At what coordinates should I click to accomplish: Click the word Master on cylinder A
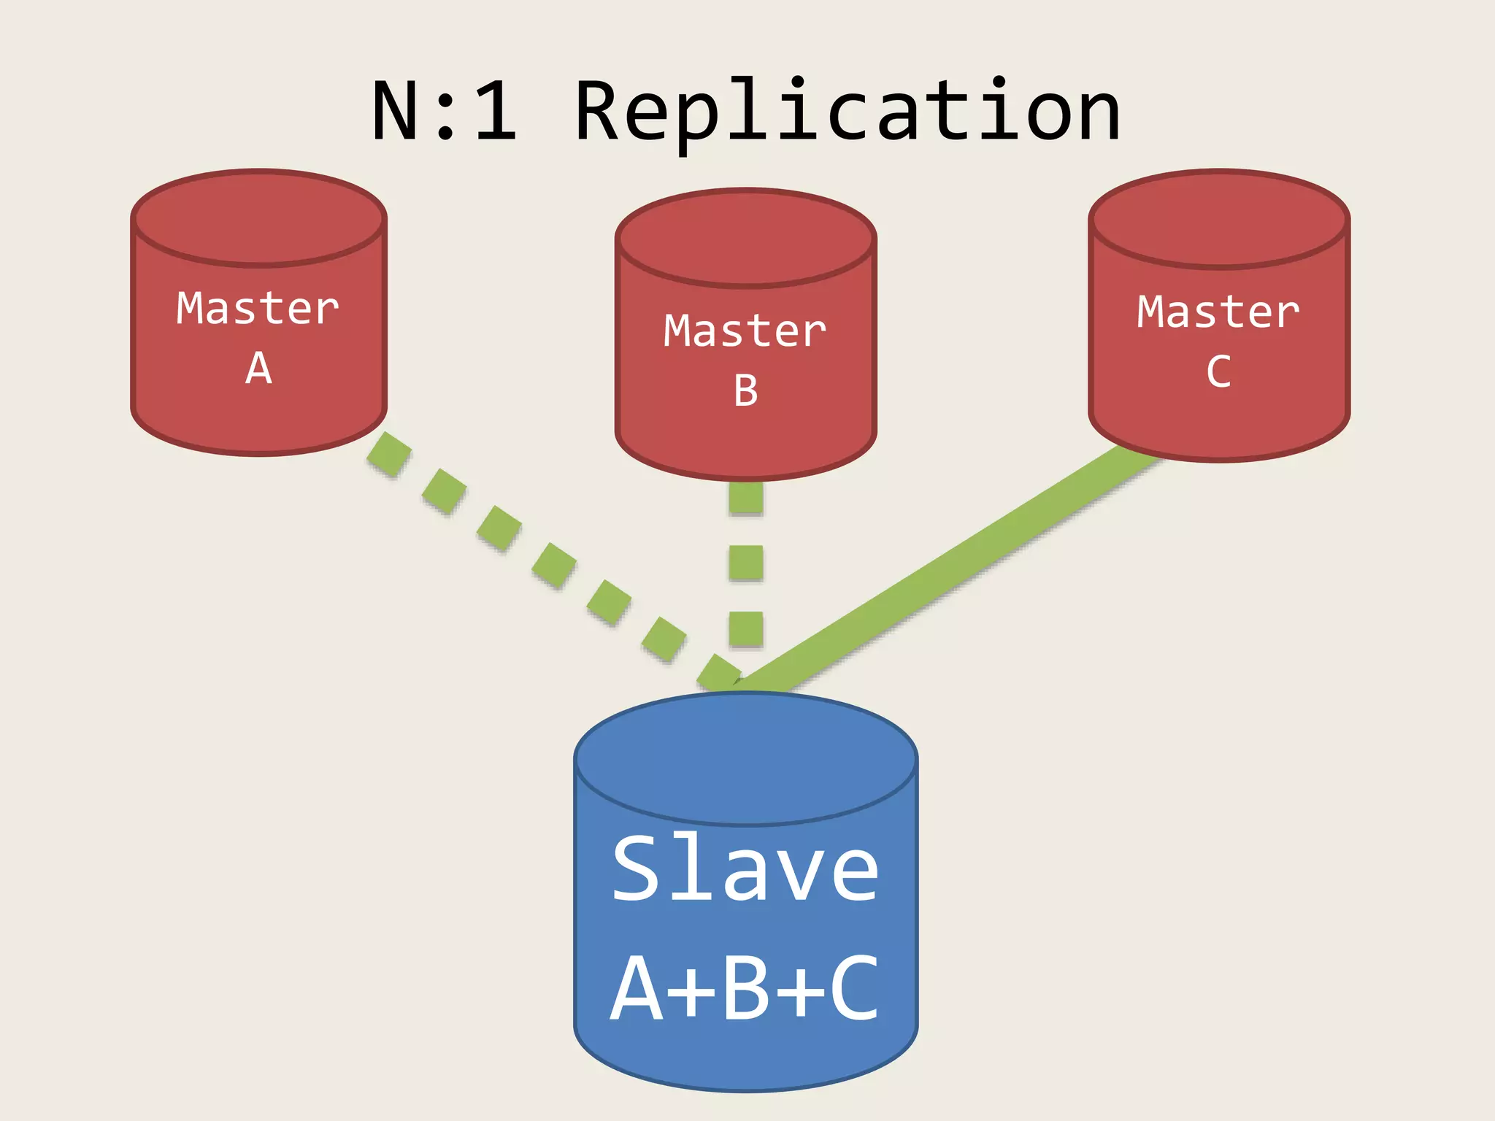(258, 309)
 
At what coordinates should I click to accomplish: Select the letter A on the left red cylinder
(258, 369)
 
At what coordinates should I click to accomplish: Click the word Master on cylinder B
(745, 331)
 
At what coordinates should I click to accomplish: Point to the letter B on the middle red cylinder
(745, 391)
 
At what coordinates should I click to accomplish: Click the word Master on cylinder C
(1218, 312)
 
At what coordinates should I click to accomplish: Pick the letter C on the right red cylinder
(1218, 372)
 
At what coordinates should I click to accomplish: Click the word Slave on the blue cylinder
(745, 868)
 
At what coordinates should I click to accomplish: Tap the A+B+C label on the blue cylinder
(745, 989)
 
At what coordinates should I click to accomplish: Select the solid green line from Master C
(949, 569)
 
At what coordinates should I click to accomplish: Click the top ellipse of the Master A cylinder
(258, 217)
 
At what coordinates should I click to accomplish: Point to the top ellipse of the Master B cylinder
(745, 237)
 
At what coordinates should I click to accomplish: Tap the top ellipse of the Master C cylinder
(1218, 218)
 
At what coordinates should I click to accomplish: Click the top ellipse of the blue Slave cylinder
(745, 759)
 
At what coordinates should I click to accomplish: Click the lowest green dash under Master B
(746, 628)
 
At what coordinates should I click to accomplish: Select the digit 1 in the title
(496, 111)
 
